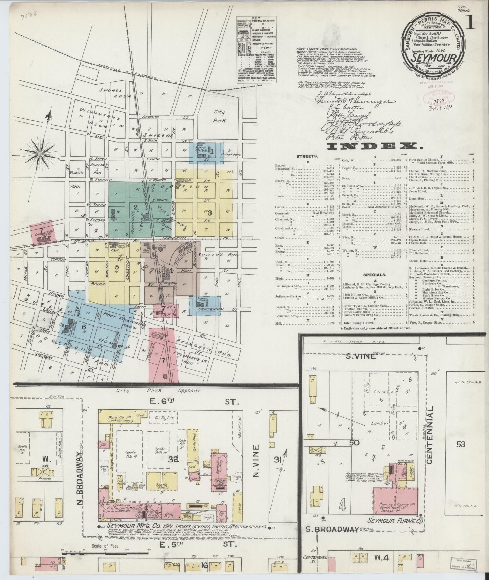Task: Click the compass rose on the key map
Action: point(40,154)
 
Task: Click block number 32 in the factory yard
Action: point(173,459)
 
